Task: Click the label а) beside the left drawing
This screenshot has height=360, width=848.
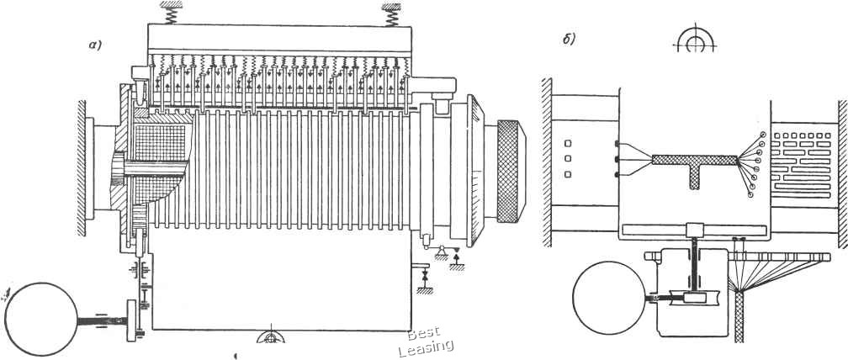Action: [x=96, y=45]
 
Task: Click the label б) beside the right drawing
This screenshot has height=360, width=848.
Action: [x=569, y=40]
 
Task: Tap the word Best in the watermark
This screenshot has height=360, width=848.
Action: [x=424, y=333]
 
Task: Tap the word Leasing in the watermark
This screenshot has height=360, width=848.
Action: [x=426, y=347]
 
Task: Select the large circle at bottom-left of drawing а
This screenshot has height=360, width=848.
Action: [x=41, y=319]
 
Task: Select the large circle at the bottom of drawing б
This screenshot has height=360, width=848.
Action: [x=609, y=297]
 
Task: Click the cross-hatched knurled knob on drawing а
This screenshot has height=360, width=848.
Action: [x=511, y=171]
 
